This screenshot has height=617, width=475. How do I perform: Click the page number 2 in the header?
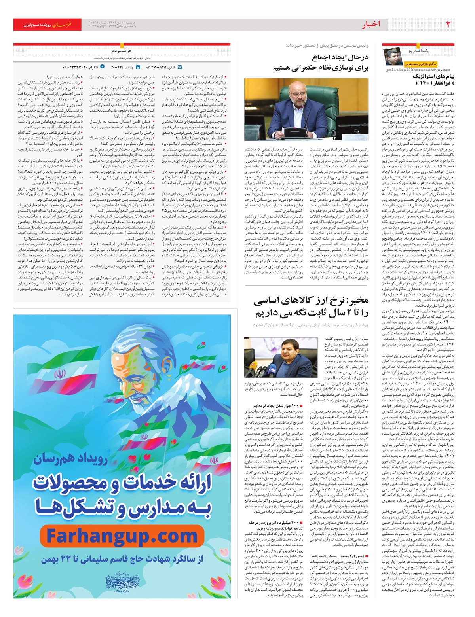[x=448, y=24]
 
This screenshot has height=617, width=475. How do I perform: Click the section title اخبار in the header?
[x=371, y=25]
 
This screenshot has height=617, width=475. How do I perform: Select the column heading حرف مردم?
[x=122, y=51]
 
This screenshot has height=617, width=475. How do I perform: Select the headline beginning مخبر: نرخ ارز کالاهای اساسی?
[x=311, y=301]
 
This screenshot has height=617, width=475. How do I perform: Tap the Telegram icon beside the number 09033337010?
[x=103, y=67]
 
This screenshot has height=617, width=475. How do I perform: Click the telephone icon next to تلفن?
[x=180, y=67]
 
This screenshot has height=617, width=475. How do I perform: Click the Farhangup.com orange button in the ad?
[x=122, y=537]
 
